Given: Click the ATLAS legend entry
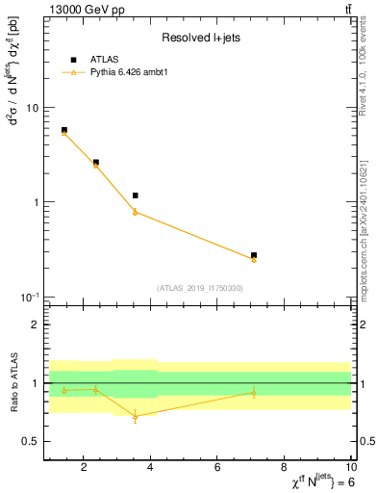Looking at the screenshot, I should tap(105, 59).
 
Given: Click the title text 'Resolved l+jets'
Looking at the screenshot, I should tap(199, 38).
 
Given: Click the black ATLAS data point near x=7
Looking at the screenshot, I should tap(254, 255).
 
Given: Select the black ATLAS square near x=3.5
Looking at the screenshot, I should tap(136, 195).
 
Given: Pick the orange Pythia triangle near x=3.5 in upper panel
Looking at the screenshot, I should tap(136, 212).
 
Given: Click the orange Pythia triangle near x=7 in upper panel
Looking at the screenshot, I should tap(254, 259).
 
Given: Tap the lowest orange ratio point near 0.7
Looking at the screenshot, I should tap(136, 416).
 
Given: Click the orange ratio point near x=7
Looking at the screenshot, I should tap(254, 392).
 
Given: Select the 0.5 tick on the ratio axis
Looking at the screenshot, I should tap(32, 441).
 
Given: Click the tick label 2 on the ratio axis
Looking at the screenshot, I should tap(36, 324).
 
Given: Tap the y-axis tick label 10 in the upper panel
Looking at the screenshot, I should tap(32, 108).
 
